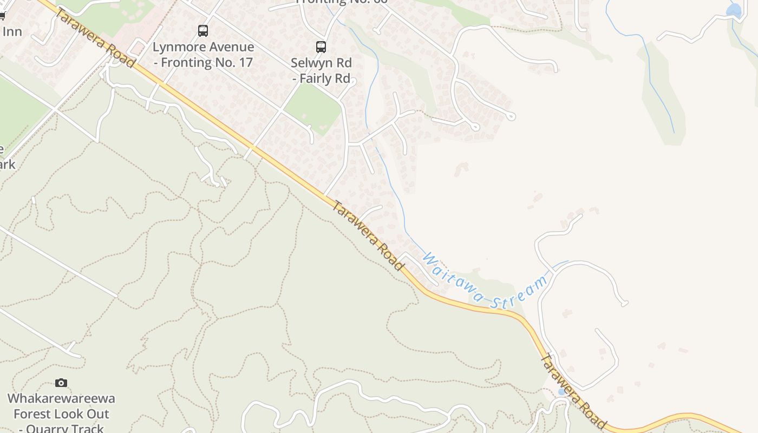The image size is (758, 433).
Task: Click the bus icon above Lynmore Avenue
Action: (203, 31)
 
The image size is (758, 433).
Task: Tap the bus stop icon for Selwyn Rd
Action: (321, 47)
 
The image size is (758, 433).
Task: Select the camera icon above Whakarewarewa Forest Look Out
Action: (61, 383)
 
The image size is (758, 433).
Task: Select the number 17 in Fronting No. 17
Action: (244, 63)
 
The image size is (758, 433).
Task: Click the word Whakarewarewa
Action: (61, 399)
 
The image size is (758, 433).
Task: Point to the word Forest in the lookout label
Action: (33, 415)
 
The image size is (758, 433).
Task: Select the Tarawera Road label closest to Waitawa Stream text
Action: (368, 235)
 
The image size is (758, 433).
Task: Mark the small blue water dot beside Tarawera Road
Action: (562, 391)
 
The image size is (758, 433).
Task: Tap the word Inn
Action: (12, 31)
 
